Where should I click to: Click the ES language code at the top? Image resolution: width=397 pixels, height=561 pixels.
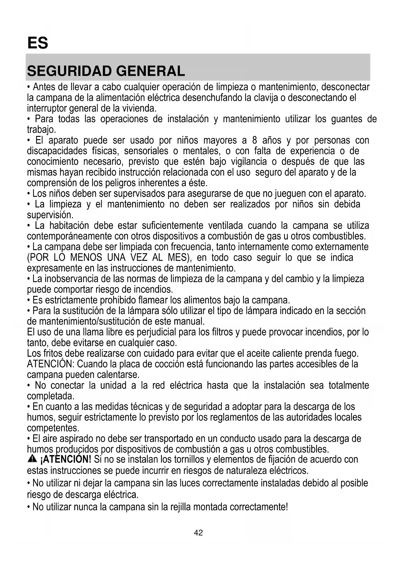(x=38, y=43)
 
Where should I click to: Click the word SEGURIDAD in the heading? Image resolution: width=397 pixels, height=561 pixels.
(x=68, y=71)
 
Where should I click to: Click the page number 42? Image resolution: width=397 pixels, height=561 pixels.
(x=198, y=533)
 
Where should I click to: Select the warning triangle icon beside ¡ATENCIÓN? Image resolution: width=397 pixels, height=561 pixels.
(x=32, y=459)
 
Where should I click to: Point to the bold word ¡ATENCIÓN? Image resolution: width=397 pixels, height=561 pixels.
(x=66, y=460)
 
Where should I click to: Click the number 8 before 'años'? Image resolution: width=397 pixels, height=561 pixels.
(x=255, y=140)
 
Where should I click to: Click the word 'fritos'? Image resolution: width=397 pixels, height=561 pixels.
(x=52, y=353)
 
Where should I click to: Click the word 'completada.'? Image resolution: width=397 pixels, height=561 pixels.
(x=51, y=396)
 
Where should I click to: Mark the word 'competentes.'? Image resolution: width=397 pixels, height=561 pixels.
(x=53, y=428)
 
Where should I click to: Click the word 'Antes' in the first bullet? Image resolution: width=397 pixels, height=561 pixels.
(x=44, y=87)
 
